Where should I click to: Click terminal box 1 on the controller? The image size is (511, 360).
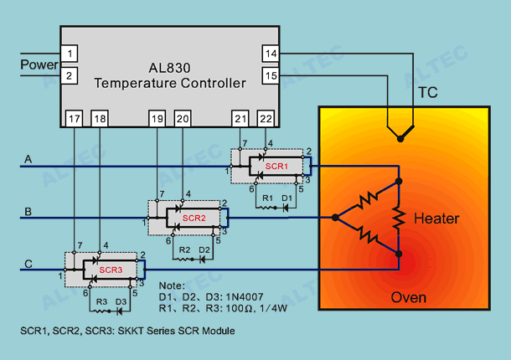[69, 54]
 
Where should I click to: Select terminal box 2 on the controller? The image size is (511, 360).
[69, 76]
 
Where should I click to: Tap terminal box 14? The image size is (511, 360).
[271, 54]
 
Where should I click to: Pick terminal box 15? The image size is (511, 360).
[271, 76]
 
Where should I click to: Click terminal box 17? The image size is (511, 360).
[74, 119]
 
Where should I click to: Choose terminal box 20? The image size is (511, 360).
[183, 119]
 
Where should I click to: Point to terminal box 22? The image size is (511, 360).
[266, 119]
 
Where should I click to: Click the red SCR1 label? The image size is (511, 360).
[276, 167]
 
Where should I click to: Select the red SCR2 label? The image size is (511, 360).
[194, 218]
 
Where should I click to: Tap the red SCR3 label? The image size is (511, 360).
[111, 270]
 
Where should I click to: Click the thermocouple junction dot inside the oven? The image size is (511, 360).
[400, 139]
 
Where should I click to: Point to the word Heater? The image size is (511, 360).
[436, 219]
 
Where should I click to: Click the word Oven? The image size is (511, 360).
[408, 297]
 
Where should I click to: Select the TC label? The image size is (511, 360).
[428, 93]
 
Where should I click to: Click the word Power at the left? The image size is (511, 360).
[39, 64]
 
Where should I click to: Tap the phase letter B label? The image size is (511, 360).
[28, 212]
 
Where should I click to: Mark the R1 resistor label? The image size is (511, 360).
[267, 198]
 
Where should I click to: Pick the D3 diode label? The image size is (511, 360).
[121, 301]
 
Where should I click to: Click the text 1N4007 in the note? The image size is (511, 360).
[245, 297]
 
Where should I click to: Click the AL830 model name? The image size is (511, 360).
[169, 68]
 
